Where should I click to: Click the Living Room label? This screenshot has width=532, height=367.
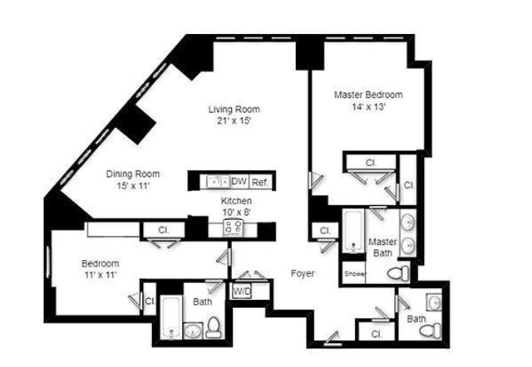click(234, 110)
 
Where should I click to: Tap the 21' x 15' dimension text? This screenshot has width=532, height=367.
click(234, 121)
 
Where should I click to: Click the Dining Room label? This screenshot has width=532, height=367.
click(133, 174)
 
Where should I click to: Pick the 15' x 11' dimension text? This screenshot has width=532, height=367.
click(133, 186)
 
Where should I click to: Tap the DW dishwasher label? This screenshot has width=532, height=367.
click(239, 181)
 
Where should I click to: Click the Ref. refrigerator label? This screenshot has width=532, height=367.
click(259, 181)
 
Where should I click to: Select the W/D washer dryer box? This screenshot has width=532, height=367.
click(242, 291)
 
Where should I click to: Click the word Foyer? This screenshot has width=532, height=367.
click(302, 272)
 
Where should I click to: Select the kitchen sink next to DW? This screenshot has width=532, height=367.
click(219, 180)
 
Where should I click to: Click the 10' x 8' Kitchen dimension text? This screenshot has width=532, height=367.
click(236, 212)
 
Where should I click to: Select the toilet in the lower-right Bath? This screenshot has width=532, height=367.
click(428, 330)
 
